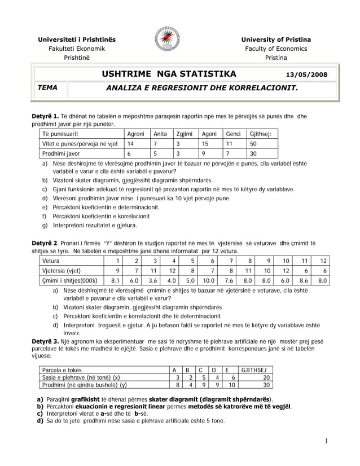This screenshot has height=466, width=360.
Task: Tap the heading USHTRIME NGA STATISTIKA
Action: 169,74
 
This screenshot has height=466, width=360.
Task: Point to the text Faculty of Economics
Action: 276,49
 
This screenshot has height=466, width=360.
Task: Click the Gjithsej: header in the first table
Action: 260,134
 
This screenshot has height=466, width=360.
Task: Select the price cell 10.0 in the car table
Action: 208,279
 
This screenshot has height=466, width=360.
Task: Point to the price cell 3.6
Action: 152,279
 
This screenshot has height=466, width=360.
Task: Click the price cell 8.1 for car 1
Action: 115,279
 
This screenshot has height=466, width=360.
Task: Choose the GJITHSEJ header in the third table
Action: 253,370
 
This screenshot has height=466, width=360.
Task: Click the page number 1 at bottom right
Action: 327,440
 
